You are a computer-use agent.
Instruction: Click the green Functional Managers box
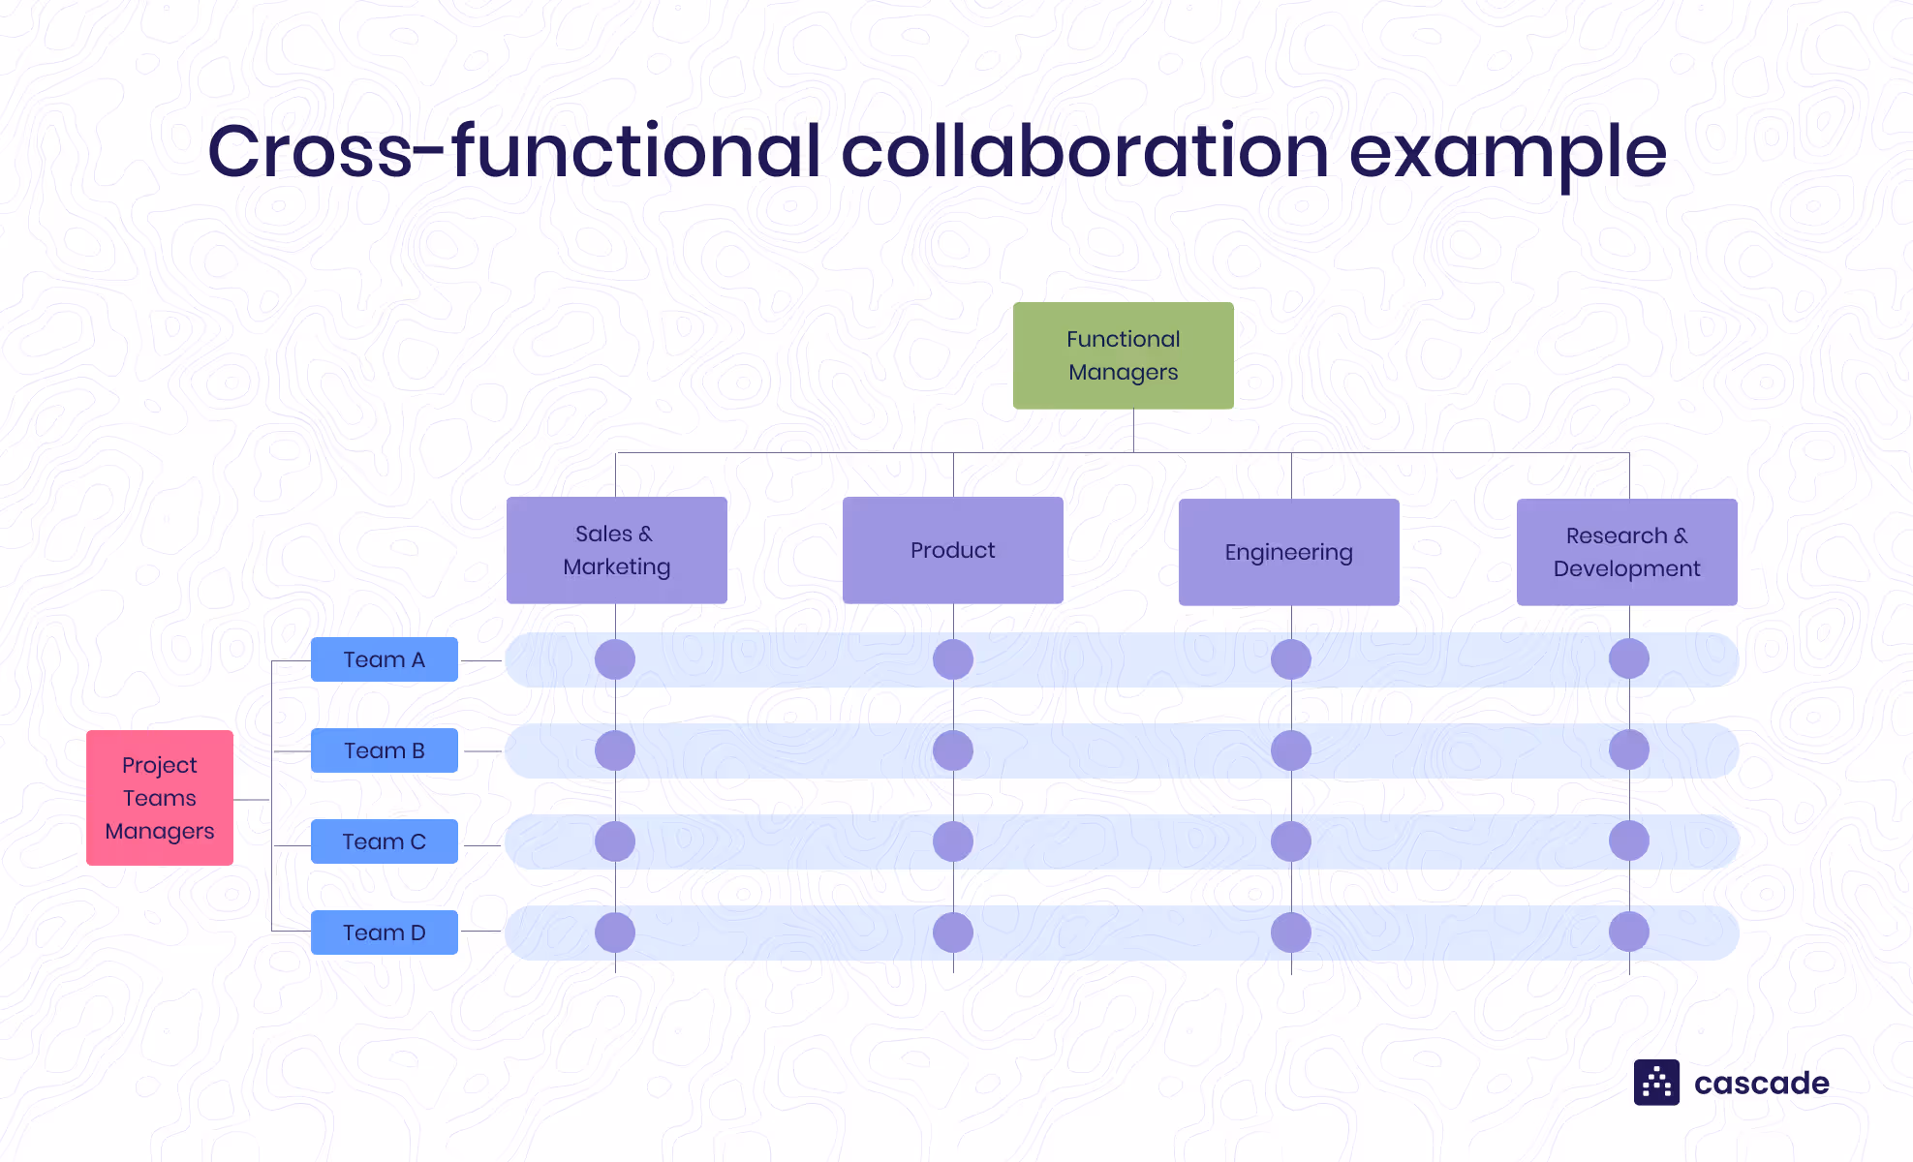click(x=1123, y=355)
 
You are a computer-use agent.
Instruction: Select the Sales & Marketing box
click(x=616, y=550)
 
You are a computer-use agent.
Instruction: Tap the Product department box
click(x=952, y=550)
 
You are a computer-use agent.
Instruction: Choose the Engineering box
click(x=1288, y=552)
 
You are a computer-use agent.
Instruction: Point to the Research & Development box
click(x=1626, y=552)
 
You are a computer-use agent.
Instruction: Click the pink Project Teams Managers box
click(x=160, y=798)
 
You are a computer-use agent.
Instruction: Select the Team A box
click(x=384, y=659)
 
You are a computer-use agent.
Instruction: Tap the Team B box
click(x=384, y=750)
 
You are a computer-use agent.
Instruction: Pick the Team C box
click(x=384, y=841)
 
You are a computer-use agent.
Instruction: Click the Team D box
click(x=384, y=933)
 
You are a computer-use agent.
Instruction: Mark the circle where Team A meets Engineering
click(x=1290, y=659)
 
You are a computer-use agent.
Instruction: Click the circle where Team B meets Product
click(x=953, y=750)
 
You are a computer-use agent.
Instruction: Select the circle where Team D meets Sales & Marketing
click(x=615, y=933)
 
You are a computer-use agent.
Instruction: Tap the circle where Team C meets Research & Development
click(x=1628, y=841)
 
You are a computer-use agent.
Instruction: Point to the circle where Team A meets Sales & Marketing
click(x=615, y=659)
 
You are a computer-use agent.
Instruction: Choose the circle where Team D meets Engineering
click(x=1290, y=933)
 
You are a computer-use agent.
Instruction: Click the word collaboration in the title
click(x=1085, y=152)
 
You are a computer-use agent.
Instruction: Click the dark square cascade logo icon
click(x=1656, y=1083)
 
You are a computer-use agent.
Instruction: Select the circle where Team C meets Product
click(x=953, y=841)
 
